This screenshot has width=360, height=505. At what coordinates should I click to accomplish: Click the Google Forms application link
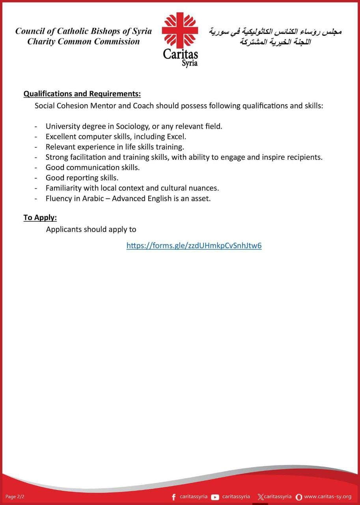click(194, 246)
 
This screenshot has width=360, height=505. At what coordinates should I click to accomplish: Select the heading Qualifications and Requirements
click(82, 94)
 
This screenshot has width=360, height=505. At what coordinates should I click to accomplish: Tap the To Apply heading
click(40, 217)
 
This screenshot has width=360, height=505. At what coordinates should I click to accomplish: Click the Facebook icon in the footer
click(174, 497)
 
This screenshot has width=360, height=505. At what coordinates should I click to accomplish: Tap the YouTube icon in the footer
click(215, 497)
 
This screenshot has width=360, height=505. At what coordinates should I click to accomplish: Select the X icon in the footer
click(260, 497)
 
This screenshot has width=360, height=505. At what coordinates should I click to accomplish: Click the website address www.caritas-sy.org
click(328, 497)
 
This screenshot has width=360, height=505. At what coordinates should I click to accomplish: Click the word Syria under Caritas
click(190, 63)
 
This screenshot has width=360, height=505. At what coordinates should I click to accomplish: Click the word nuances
click(204, 188)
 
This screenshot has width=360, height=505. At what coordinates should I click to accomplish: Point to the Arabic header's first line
click(275, 31)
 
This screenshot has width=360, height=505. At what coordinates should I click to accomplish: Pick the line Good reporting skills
click(82, 178)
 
